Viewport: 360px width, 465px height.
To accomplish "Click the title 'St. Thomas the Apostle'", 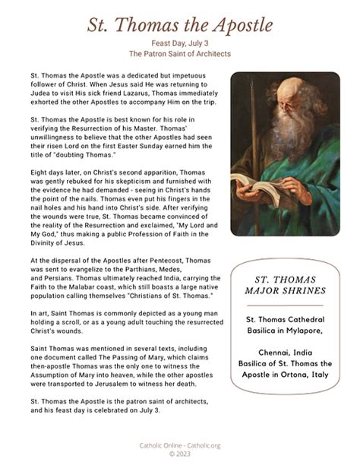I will point(179,24).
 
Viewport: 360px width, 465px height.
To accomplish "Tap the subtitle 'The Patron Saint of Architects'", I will point(179,55).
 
